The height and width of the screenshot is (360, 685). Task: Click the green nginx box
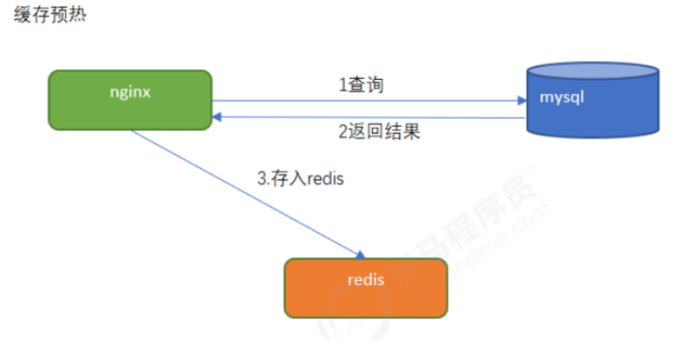point(129,101)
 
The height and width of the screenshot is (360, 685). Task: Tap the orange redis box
point(366,288)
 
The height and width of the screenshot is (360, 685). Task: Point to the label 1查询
point(361,84)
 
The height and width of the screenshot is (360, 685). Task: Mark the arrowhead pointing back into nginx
point(217,118)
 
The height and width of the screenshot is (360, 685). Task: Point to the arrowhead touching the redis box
point(360,255)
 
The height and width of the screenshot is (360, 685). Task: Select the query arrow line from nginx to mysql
point(370,101)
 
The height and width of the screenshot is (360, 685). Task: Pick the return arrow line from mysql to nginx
point(370,118)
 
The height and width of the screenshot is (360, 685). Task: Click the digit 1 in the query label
point(342,84)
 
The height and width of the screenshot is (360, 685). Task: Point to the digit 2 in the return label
point(343,132)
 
